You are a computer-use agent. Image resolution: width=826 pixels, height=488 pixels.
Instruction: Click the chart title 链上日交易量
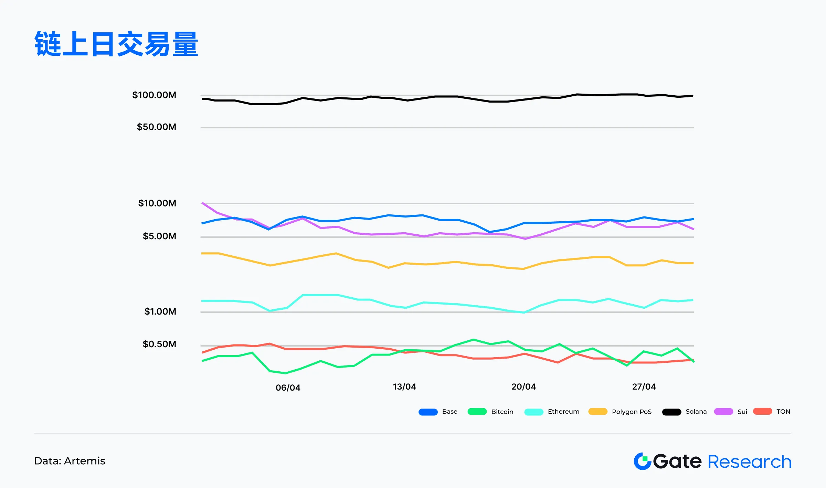point(116,44)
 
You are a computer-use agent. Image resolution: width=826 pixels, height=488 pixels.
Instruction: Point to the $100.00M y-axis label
point(154,95)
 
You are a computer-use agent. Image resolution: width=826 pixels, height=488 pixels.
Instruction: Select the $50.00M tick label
point(157,127)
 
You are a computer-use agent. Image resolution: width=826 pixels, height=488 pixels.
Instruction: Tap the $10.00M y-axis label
point(157,203)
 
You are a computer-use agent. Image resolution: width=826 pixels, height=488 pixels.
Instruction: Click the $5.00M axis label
point(159,236)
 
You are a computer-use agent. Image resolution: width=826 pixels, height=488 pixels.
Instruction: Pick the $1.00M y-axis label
point(160,311)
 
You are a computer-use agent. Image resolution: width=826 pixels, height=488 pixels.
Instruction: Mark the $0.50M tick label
point(159,344)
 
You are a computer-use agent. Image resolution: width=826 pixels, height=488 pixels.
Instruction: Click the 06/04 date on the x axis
point(288,388)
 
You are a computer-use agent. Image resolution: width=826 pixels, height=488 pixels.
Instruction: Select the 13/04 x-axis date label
point(404,387)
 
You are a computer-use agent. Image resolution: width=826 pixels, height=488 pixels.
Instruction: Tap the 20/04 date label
point(523,387)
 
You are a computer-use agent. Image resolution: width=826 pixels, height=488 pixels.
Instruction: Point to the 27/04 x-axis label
point(644,387)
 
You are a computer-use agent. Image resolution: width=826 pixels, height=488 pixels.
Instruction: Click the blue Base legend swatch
point(428,412)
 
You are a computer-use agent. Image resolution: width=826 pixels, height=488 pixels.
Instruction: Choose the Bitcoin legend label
point(502,412)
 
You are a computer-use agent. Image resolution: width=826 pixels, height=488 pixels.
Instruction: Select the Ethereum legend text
point(563,412)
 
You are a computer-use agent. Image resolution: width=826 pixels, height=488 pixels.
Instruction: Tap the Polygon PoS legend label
point(632,412)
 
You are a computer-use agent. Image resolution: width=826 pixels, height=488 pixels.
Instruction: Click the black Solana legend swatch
point(671,412)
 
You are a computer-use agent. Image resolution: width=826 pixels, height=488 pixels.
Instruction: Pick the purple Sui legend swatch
point(723,412)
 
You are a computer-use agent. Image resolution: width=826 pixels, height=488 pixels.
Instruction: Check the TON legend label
point(783,412)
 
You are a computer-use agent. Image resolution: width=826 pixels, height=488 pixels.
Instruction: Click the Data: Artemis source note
point(70,461)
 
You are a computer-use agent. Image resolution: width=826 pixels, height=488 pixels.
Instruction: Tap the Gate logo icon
point(642,462)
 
